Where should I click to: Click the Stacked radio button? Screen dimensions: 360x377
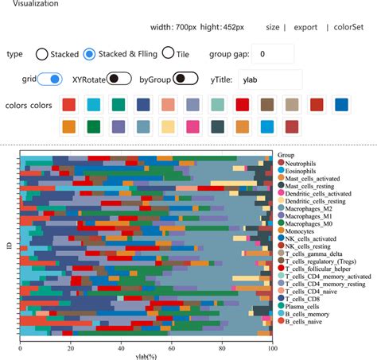pyautogui.click(x=41, y=54)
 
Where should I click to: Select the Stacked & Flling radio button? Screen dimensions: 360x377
pyautogui.click(x=90, y=54)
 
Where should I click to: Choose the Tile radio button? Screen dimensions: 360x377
pyautogui.click(x=169, y=54)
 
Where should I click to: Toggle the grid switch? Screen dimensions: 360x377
pyautogui.click(x=50, y=79)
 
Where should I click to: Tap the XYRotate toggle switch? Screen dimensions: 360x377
pyautogui.click(x=119, y=79)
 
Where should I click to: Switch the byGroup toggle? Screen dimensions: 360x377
pyautogui.click(x=185, y=79)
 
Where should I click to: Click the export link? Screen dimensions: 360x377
pyautogui.click(x=305, y=27)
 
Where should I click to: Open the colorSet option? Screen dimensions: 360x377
pyautogui.click(x=348, y=27)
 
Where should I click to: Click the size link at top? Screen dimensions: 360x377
pyautogui.click(x=272, y=27)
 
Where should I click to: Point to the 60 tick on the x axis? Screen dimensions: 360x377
pyautogui.click(x=171, y=347)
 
